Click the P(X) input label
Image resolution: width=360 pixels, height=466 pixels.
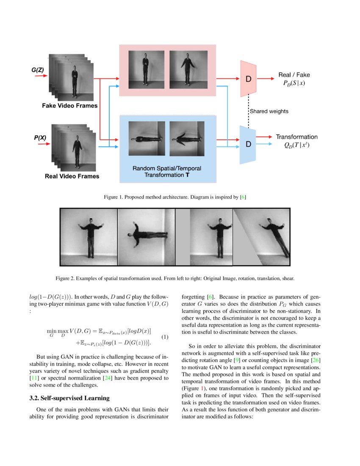click(39, 138)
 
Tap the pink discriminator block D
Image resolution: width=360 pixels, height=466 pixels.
click(249, 78)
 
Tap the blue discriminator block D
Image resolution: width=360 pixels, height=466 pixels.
click(249, 144)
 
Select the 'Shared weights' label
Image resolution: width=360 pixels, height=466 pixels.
click(269, 111)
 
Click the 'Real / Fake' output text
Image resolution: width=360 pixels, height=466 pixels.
click(294, 75)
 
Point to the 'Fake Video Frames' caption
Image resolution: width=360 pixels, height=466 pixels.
click(69, 105)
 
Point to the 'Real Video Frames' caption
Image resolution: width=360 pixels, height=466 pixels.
click(72, 176)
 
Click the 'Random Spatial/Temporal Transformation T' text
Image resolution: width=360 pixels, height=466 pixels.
click(167, 172)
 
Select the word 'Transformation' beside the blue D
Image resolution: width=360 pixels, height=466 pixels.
click(296, 137)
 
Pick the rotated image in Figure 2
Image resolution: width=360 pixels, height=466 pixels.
click(146, 237)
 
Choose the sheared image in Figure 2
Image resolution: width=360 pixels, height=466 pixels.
click(261, 237)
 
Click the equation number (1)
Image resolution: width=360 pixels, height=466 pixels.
click(165, 337)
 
